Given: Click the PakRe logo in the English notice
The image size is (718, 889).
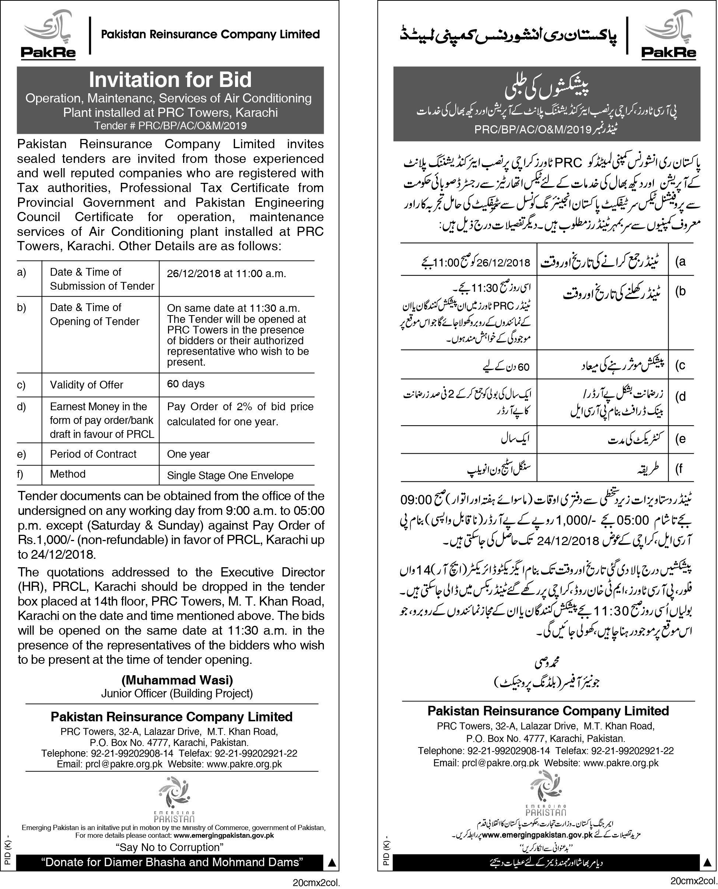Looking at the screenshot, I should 48,36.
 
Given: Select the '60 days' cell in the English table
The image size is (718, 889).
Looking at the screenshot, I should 186,384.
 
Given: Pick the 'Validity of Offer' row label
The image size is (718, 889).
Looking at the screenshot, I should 87,385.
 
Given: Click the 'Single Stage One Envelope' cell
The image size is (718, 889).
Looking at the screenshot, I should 230,475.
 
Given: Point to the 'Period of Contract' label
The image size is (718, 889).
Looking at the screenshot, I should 93,454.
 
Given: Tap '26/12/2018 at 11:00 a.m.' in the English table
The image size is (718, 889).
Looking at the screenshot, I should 226,273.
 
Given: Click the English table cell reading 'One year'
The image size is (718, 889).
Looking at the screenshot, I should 188,454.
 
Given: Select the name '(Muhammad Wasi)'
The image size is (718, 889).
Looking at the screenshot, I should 177,680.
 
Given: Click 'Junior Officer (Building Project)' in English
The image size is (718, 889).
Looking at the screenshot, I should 177,693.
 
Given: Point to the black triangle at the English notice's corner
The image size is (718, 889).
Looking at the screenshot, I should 331,862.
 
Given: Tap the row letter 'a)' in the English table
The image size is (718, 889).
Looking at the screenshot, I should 21,272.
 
